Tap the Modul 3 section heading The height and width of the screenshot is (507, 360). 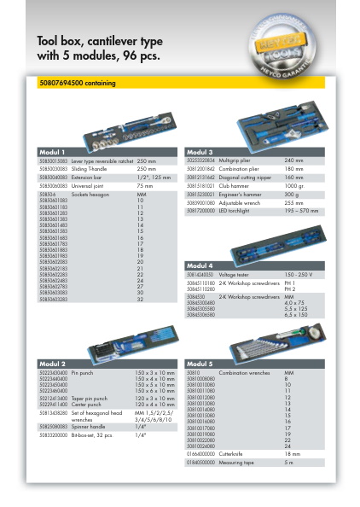[x=200, y=152]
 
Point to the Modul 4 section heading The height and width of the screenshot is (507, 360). [x=200, y=265]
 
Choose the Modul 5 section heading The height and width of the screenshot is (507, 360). [x=200, y=364]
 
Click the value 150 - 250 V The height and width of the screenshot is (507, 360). [x=299, y=275]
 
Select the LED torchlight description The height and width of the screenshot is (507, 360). [x=237, y=209]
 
